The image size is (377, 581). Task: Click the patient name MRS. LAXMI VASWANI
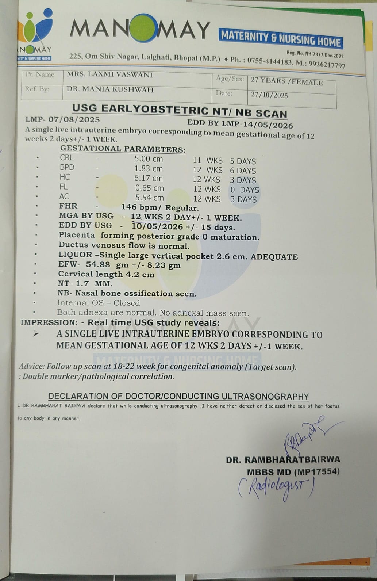point(109,74)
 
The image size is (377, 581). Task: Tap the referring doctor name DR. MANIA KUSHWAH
point(110,89)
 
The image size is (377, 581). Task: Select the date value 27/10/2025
point(269,95)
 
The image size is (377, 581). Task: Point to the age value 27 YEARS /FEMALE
point(287,81)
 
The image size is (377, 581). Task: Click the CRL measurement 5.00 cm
point(149,159)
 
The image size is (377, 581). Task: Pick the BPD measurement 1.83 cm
point(149,169)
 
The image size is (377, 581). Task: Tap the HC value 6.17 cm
point(149,179)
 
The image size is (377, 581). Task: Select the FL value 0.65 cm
point(149,188)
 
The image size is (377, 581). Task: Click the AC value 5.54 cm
point(149,198)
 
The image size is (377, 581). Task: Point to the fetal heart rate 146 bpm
point(142,207)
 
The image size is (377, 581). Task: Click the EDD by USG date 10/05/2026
point(157,226)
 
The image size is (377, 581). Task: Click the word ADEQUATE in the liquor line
point(274,257)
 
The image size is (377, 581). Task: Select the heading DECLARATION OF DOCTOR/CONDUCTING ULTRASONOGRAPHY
point(178,397)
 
